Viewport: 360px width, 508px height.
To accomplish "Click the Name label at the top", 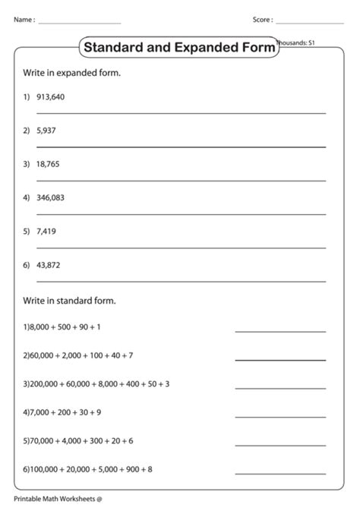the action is (x=24, y=20).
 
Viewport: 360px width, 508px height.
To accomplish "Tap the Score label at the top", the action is (x=263, y=20).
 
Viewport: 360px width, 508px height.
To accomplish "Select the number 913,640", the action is (x=51, y=96).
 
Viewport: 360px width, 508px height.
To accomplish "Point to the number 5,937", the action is (x=46, y=130).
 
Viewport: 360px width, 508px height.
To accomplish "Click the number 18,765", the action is (x=48, y=163).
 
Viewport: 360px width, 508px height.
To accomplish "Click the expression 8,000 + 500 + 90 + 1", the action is (x=65, y=327).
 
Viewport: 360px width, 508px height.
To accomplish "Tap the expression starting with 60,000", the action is (x=80, y=355).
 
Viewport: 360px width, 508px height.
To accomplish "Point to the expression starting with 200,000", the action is (x=98, y=383).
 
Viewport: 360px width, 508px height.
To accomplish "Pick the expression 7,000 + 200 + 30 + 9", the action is (x=65, y=412).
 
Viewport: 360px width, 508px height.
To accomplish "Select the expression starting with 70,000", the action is (x=80, y=440).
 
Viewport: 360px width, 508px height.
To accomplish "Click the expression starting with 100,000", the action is (x=90, y=469).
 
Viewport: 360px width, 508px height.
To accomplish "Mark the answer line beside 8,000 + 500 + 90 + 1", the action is (x=279, y=331).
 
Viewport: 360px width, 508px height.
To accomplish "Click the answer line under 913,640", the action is (x=181, y=112).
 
